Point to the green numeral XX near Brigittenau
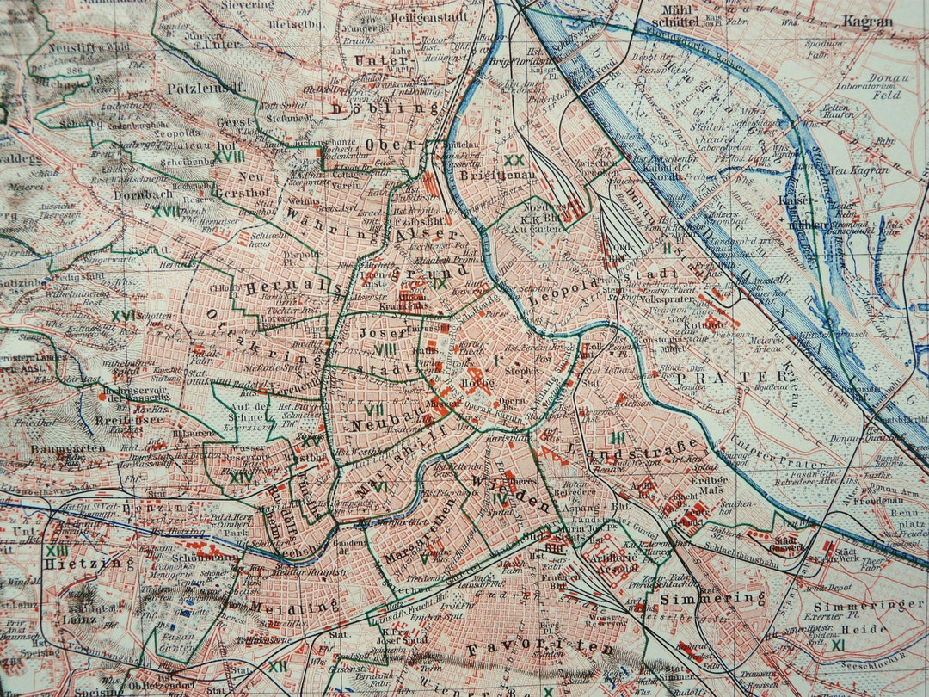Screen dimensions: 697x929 point(514,159)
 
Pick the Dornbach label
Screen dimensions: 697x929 point(143,194)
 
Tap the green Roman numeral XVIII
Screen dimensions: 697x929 point(229,156)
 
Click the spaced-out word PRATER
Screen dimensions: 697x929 point(731,376)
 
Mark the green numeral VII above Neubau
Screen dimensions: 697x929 point(373,409)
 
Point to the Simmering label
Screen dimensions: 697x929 point(712,596)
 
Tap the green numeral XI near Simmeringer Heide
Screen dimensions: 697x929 point(838,644)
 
